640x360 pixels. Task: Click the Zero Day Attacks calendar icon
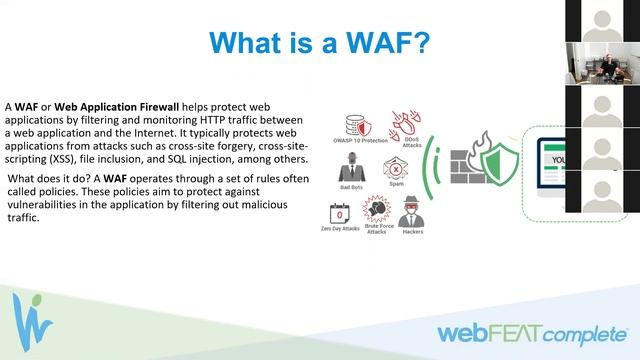click(341, 213)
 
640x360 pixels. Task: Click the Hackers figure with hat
click(411, 212)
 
